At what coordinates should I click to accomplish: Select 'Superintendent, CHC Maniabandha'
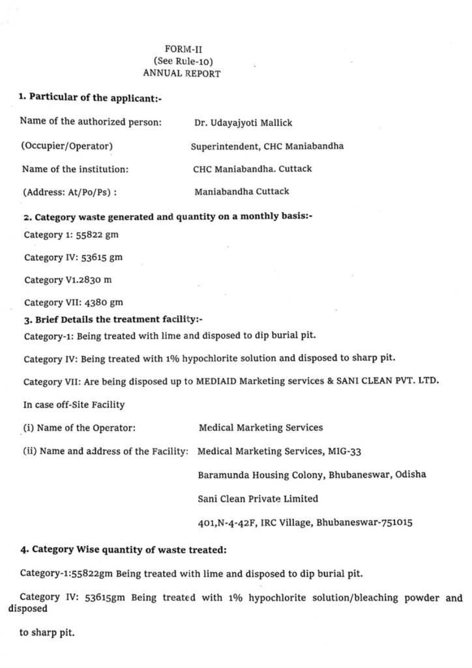click(267, 146)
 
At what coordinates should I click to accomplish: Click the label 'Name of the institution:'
click(75, 169)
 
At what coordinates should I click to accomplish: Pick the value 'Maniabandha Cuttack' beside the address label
click(241, 192)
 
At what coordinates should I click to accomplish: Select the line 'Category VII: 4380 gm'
click(74, 302)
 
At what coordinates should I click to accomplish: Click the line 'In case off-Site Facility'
click(74, 404)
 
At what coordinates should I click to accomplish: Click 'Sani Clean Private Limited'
click(258, 498)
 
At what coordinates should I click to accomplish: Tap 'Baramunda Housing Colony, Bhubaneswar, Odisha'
click(312, 475)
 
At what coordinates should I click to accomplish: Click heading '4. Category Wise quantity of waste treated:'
click(123, 550)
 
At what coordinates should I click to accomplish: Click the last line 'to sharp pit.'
click(47, 632)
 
